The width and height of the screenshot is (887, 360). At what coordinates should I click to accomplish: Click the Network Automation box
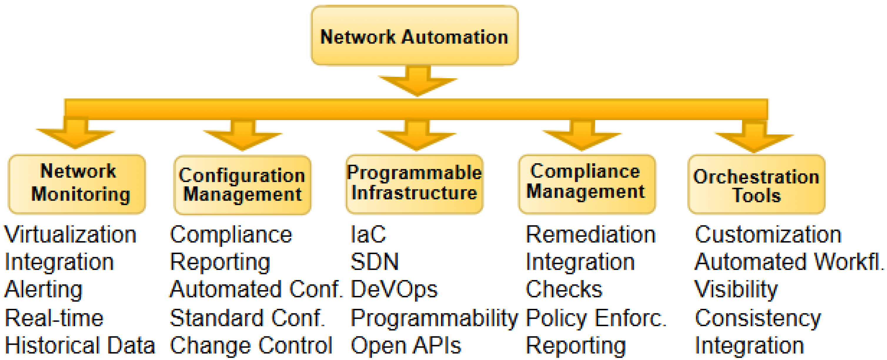point(414,36)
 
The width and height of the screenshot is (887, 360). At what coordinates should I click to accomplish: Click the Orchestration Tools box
point(756,185)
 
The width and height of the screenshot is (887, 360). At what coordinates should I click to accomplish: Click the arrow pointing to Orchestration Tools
point(754,138)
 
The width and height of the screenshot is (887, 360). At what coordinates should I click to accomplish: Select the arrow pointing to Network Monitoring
point(75,134)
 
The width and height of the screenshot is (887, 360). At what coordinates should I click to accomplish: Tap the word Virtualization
point(71,235)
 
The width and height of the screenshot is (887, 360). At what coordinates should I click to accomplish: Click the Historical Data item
point(80,346)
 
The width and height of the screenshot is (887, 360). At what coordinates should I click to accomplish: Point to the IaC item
point(368,235)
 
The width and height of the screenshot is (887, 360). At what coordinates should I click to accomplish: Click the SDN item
point(375,262)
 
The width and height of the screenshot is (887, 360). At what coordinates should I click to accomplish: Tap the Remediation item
point(591,235)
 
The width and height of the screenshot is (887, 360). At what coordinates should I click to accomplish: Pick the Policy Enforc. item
point(596,318)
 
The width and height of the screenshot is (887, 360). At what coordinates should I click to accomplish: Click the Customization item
point(768,235)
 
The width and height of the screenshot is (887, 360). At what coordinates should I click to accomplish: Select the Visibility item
point(736,289)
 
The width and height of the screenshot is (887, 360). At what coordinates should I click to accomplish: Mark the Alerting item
point(44,289)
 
